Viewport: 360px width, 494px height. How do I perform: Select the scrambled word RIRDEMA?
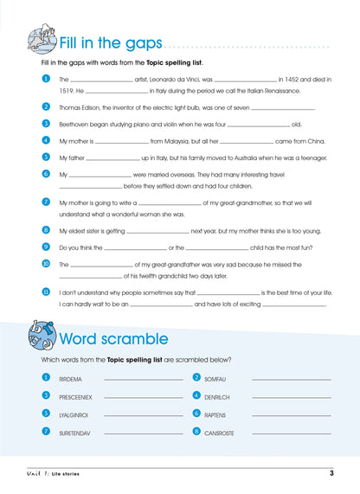(71, 379)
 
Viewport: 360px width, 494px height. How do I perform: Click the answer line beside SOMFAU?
(291, 379)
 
